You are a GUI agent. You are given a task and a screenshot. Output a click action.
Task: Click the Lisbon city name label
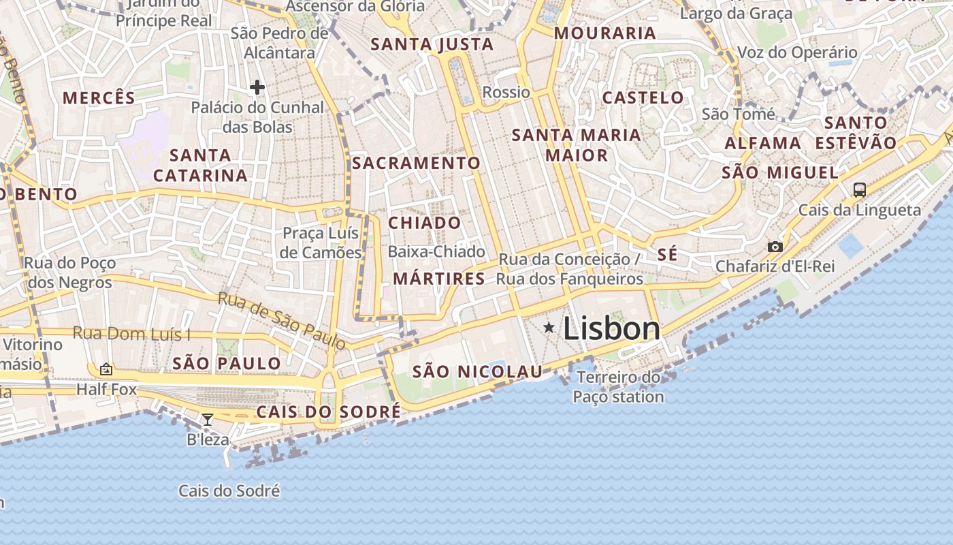[611, 329]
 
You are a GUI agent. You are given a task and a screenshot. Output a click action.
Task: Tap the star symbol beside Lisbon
[549, 328]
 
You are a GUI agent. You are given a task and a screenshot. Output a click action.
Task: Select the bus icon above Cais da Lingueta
[860, 190]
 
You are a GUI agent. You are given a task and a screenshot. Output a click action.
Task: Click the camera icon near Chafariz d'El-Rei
[775, 247]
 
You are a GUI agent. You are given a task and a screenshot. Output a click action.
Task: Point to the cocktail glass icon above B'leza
[208, 420]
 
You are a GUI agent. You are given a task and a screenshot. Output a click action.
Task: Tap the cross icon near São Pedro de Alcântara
[257, 87]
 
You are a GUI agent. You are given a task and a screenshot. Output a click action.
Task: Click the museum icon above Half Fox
[106, 369]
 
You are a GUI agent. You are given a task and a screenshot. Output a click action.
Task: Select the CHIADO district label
[424, 223]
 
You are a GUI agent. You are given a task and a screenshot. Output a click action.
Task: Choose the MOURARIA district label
[605, 33]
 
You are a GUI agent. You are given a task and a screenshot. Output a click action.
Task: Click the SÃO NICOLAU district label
[478, 371]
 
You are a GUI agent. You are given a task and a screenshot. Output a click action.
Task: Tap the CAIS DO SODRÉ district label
[328, 412]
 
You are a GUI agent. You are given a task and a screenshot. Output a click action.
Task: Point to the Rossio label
[506, 92]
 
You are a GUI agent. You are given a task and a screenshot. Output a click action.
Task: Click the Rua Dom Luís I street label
[131, 334]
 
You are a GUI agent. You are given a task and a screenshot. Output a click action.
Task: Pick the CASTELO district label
[643, 97]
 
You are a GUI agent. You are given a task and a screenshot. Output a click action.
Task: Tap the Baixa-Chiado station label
[436, 251]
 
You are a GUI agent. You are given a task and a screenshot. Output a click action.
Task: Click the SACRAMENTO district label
[416, 163]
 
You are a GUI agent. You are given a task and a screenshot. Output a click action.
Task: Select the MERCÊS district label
[99, 97]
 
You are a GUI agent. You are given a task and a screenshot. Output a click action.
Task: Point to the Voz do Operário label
[797, 52]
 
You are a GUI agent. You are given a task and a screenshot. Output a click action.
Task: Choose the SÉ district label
[667, 255]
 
